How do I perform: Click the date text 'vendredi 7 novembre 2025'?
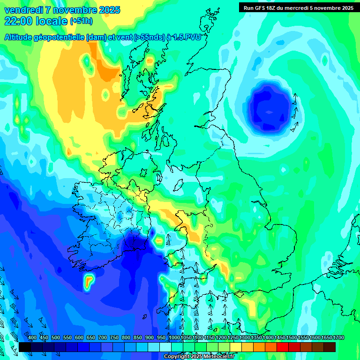pos(62,10)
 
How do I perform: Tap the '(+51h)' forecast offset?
pos(81,21)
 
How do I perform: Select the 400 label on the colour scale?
pos(32,338)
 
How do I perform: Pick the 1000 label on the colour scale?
pos(174,338)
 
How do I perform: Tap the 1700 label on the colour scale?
pos(338,338)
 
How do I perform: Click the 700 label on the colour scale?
pos(103,338)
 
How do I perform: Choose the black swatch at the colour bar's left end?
pos(25,347)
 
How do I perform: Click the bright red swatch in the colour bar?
pos(283,347)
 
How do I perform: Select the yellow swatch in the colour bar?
pos(236,347)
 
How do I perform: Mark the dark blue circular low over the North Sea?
pos(269,106)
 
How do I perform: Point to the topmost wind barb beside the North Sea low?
pos(295,98)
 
